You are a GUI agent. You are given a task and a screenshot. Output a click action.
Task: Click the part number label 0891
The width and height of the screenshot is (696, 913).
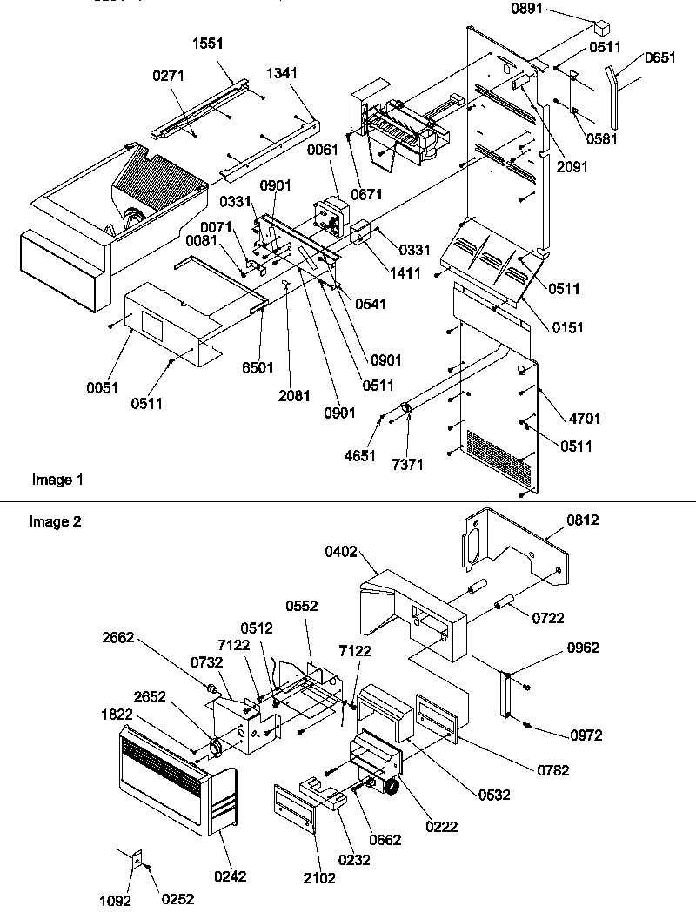(538, 9)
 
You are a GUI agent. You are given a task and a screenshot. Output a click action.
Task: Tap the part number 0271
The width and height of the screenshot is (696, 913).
(168, 77)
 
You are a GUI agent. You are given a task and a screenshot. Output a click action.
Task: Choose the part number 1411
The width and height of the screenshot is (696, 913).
(405, 273)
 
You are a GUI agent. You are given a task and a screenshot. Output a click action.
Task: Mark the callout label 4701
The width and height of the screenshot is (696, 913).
(562, 418)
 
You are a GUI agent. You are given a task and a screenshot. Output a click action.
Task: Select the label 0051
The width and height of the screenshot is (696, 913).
(103, 388)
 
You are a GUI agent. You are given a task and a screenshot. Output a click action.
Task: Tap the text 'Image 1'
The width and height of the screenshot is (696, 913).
(57, 479)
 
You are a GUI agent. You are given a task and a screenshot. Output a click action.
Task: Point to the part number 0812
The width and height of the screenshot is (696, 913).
(583, 520)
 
